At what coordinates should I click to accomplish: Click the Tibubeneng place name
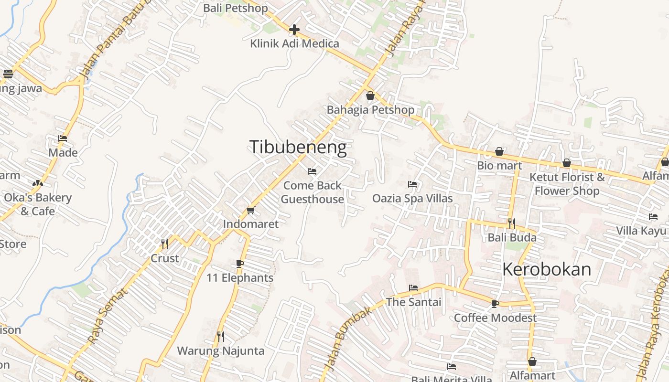click(x=298, y=147)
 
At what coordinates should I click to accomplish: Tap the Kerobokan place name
click(x=547, y=270)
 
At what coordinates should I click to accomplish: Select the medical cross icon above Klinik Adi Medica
click(x=294, y=30)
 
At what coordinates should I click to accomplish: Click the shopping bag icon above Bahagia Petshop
click(x=370, y=95)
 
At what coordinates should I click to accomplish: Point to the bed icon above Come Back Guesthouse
click(x=312, y=171)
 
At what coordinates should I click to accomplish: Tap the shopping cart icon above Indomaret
click(x=250, y=210)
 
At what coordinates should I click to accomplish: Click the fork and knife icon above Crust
click(x=165, y=244)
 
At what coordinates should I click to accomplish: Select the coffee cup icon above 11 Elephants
click(x=240, y=264)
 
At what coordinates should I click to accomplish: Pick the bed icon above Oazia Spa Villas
click(x=412, y=184)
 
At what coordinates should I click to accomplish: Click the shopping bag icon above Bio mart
click(x=499, y=151)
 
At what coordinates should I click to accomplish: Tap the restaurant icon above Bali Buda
click(x=512, y=223)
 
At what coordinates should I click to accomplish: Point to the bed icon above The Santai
click(x=413, y=288)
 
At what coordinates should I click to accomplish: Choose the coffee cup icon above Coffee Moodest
click(x=495, y=304)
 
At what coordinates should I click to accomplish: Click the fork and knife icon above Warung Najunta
click(x=221, y=337)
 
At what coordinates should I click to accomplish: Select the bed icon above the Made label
click(x=63, y=138)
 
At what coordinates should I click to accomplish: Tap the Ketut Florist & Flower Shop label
click(x=567, y=184)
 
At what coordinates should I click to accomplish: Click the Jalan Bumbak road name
click(x=347, y=338)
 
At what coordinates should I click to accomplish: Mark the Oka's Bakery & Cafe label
click(x=38, y=204)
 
